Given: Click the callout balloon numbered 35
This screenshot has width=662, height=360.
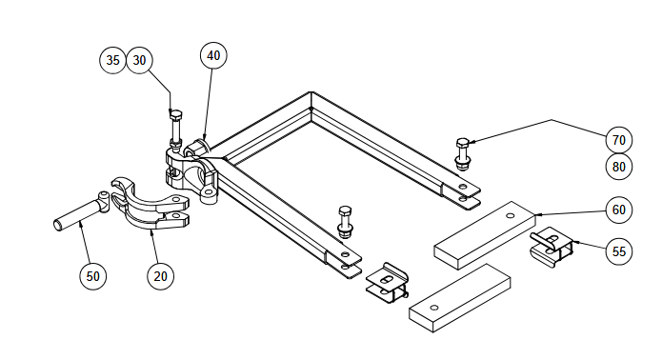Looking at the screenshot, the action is [x=112, y=60].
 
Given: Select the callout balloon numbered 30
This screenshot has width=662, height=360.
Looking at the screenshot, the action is [x=139, y=60].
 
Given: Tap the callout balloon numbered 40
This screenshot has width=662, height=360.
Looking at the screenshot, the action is [x=213, y=55].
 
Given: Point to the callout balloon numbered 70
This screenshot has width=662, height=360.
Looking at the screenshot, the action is [x=618, y=140].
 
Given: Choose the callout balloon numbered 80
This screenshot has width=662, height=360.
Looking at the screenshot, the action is [x=618, y=167].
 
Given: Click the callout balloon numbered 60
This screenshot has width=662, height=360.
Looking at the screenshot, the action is [x=618, y=210].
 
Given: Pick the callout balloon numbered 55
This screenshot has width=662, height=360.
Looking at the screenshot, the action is [x=618, y=251].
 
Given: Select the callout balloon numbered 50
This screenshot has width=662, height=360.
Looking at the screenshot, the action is [x=93, y=276].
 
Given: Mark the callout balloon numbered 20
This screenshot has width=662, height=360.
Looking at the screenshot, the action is [x=160, y=276].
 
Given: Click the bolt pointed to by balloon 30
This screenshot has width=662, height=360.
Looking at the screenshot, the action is [x=175, y=129].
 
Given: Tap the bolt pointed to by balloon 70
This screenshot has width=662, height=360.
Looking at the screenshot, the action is [x=463, y=154].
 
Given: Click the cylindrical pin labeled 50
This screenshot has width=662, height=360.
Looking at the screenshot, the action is [x=82, y=211].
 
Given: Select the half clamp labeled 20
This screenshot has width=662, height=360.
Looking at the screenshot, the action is [x=150, y=205].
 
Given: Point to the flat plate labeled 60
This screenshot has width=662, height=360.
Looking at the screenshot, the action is [x=485, y=235].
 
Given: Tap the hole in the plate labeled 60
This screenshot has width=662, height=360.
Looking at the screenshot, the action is [x=510, y=215].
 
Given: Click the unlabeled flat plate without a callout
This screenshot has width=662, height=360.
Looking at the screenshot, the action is [x=460, y=298].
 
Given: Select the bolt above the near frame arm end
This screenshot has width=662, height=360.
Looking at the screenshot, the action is [x=346, y=221].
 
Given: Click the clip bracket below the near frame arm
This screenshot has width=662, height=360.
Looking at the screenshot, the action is [x=387, y=283].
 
